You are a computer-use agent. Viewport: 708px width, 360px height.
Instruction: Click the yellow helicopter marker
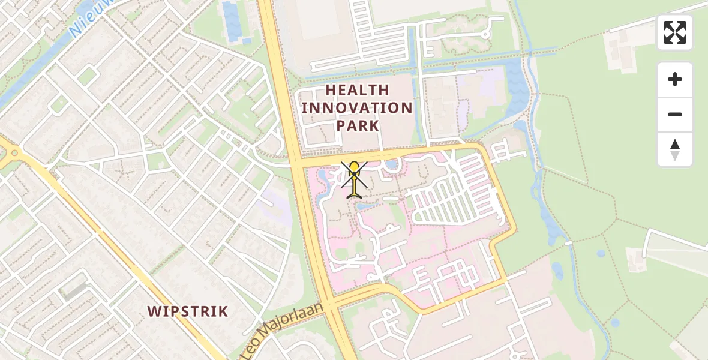(x=355, y=179)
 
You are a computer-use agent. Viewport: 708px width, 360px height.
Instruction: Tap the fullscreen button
(x=675, y=32)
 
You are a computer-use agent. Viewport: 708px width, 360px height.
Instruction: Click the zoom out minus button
(x=675, y=115)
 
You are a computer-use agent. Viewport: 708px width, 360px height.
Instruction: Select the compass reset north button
(x=675, y=149)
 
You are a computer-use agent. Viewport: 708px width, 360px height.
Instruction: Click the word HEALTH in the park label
(x=357, y=90)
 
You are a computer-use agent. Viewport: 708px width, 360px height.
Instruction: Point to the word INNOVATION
(x=357, y=108)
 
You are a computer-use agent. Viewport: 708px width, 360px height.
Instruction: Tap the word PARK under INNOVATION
(x=357, y=125)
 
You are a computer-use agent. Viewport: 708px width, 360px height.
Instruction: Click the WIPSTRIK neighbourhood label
(x=188, y=311)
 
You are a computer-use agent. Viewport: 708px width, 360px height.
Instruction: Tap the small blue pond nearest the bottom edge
(x=615, y=323)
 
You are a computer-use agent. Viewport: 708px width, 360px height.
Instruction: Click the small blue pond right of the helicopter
(x=392, y=164)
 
